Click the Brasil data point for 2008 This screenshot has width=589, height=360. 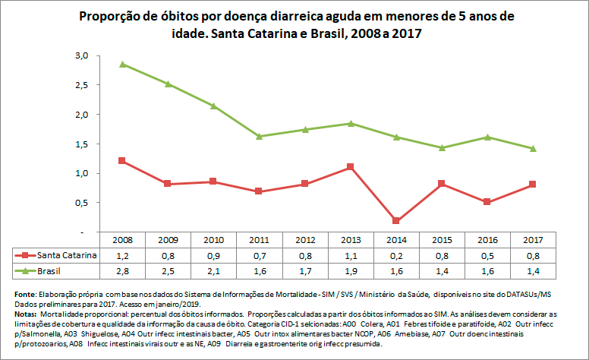pos(122,65)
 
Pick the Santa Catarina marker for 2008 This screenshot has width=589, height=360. pos(122,161)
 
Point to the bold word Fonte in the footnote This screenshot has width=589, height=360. pos(26,294)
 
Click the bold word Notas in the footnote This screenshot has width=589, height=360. pos(27,313)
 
